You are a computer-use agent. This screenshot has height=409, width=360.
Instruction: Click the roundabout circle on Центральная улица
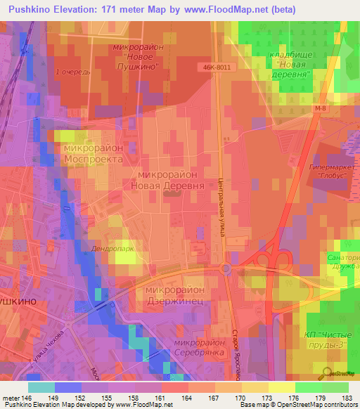[225, 268]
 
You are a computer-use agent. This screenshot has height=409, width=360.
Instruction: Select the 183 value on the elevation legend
[348, 397]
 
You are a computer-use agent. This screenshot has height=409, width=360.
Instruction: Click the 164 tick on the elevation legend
[187, 397]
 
